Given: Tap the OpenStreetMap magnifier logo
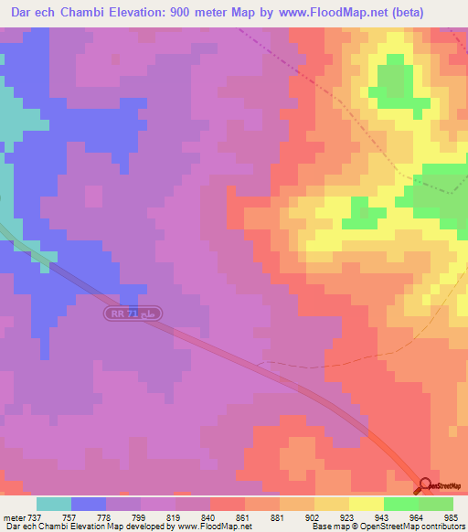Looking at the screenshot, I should pyautogui.click(x=425, y=485).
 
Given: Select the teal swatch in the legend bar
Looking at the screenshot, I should pyautogui.click(x=54, y=504).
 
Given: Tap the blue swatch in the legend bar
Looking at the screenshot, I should pyautogui.click(x=89, y=504).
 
